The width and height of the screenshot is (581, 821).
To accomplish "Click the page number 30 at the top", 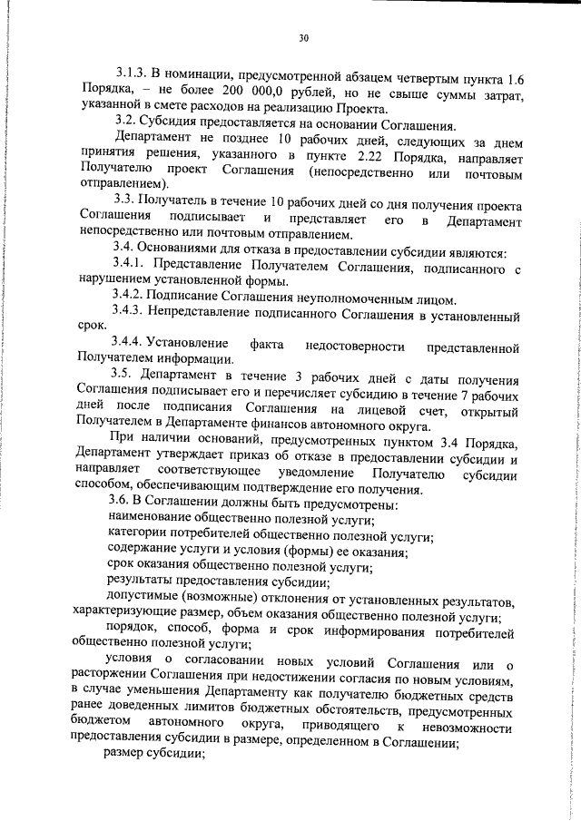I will pyautogui.click(x=303, y=38).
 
